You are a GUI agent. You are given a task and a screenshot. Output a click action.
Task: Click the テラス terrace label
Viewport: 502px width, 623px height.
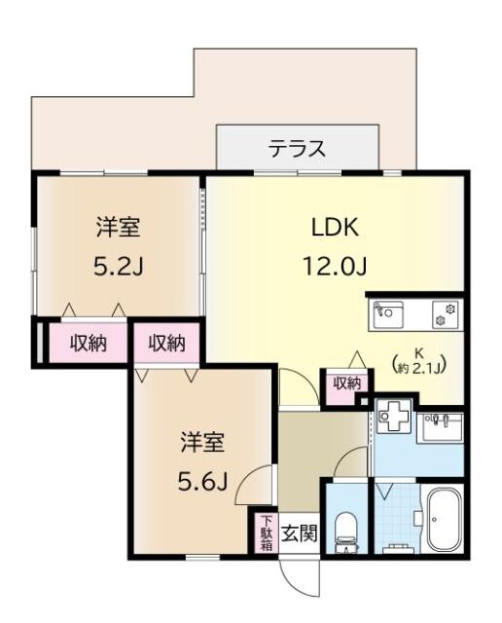pyautogui.click(x=297, y=150)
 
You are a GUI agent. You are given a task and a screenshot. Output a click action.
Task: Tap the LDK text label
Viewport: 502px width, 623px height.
pyautogui.click(x=335, y=228)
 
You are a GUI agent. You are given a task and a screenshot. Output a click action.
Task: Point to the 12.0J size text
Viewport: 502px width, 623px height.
pyautogui.click(x=335, y=265)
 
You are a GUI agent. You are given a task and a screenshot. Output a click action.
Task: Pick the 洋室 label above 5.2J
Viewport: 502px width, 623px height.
pyautogui.click(x=117, y=228)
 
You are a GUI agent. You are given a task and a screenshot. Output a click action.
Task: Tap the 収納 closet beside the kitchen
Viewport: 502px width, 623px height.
pyautogui.click(x=346, y=384)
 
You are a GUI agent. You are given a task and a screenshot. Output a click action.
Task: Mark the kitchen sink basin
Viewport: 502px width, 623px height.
pyautogui.click(x=390, y=313)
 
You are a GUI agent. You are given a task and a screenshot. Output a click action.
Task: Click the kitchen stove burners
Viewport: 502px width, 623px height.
pyautogui.click(x=450, y=313)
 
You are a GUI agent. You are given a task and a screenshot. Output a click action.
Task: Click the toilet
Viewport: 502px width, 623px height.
pyautogui.click(x=345, y=530)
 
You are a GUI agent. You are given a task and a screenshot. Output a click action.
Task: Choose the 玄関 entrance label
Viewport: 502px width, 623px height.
pyautogui.click(x=300, y=532)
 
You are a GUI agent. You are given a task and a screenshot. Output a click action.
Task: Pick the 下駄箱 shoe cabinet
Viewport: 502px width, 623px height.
pyautogui.click(x=266, y=532)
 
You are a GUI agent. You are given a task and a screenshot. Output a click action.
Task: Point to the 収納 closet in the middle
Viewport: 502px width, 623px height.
pyautogui.click(x=166, y=343)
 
